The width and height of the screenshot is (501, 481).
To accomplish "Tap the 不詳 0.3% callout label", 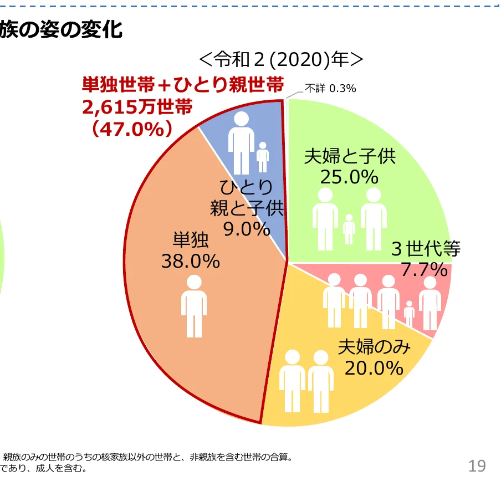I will [330, 88].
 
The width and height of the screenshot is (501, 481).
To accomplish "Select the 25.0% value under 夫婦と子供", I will [349, 177].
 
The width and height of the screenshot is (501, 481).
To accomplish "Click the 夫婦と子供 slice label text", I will [350, 157].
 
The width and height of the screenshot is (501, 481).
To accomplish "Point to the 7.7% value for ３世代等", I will [424, 269].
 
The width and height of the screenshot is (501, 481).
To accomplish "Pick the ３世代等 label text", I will [426, 249].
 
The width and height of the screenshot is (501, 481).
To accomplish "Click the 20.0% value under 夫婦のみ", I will [374, 367].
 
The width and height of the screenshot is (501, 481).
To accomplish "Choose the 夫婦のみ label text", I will [374, 347].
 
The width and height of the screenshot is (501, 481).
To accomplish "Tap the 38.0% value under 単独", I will [190, 261].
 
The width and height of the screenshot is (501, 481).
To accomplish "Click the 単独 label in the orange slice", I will [190, 240].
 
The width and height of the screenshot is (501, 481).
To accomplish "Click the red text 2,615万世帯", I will [137, 107].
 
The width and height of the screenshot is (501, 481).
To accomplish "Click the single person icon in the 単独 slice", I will [194, 306].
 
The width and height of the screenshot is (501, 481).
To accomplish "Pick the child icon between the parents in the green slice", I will [349, 229].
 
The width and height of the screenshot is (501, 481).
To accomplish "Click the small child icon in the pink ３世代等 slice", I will [409, 313].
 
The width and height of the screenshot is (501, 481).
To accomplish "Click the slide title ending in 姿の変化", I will [61, 29].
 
